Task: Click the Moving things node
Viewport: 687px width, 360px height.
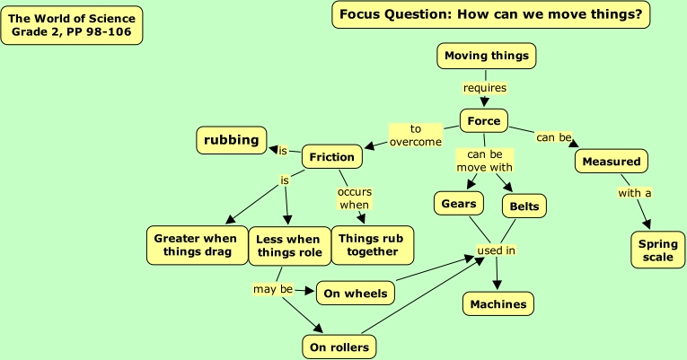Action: point(487,56)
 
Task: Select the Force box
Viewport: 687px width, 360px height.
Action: point(484,121)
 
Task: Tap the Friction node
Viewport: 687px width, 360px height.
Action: point(332,157)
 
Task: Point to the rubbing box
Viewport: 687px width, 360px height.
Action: point(231,140)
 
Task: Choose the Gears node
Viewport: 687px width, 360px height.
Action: point(458,204)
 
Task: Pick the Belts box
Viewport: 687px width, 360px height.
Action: point(524,206)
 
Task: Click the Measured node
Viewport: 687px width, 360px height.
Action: point(612,162)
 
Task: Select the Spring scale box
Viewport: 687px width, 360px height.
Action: point(658,250)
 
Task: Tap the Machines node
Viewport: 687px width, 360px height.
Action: point(498,304)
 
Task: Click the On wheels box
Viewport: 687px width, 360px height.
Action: point(356,293)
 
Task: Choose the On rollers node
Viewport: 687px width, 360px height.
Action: point(339,347)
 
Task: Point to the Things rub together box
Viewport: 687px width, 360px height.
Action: point(372,245)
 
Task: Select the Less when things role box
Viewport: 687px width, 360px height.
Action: point(287,246)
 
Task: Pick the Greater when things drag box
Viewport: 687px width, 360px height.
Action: point(196,245)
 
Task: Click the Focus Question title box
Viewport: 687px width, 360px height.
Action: point(490,14)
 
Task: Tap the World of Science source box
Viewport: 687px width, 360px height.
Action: point(72,25)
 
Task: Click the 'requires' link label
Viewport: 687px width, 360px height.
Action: point(485,88)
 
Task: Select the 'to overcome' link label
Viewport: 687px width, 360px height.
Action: point(416,136)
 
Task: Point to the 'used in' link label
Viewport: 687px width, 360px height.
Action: point(496,250)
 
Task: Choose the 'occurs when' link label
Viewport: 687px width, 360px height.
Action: point(354,198)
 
